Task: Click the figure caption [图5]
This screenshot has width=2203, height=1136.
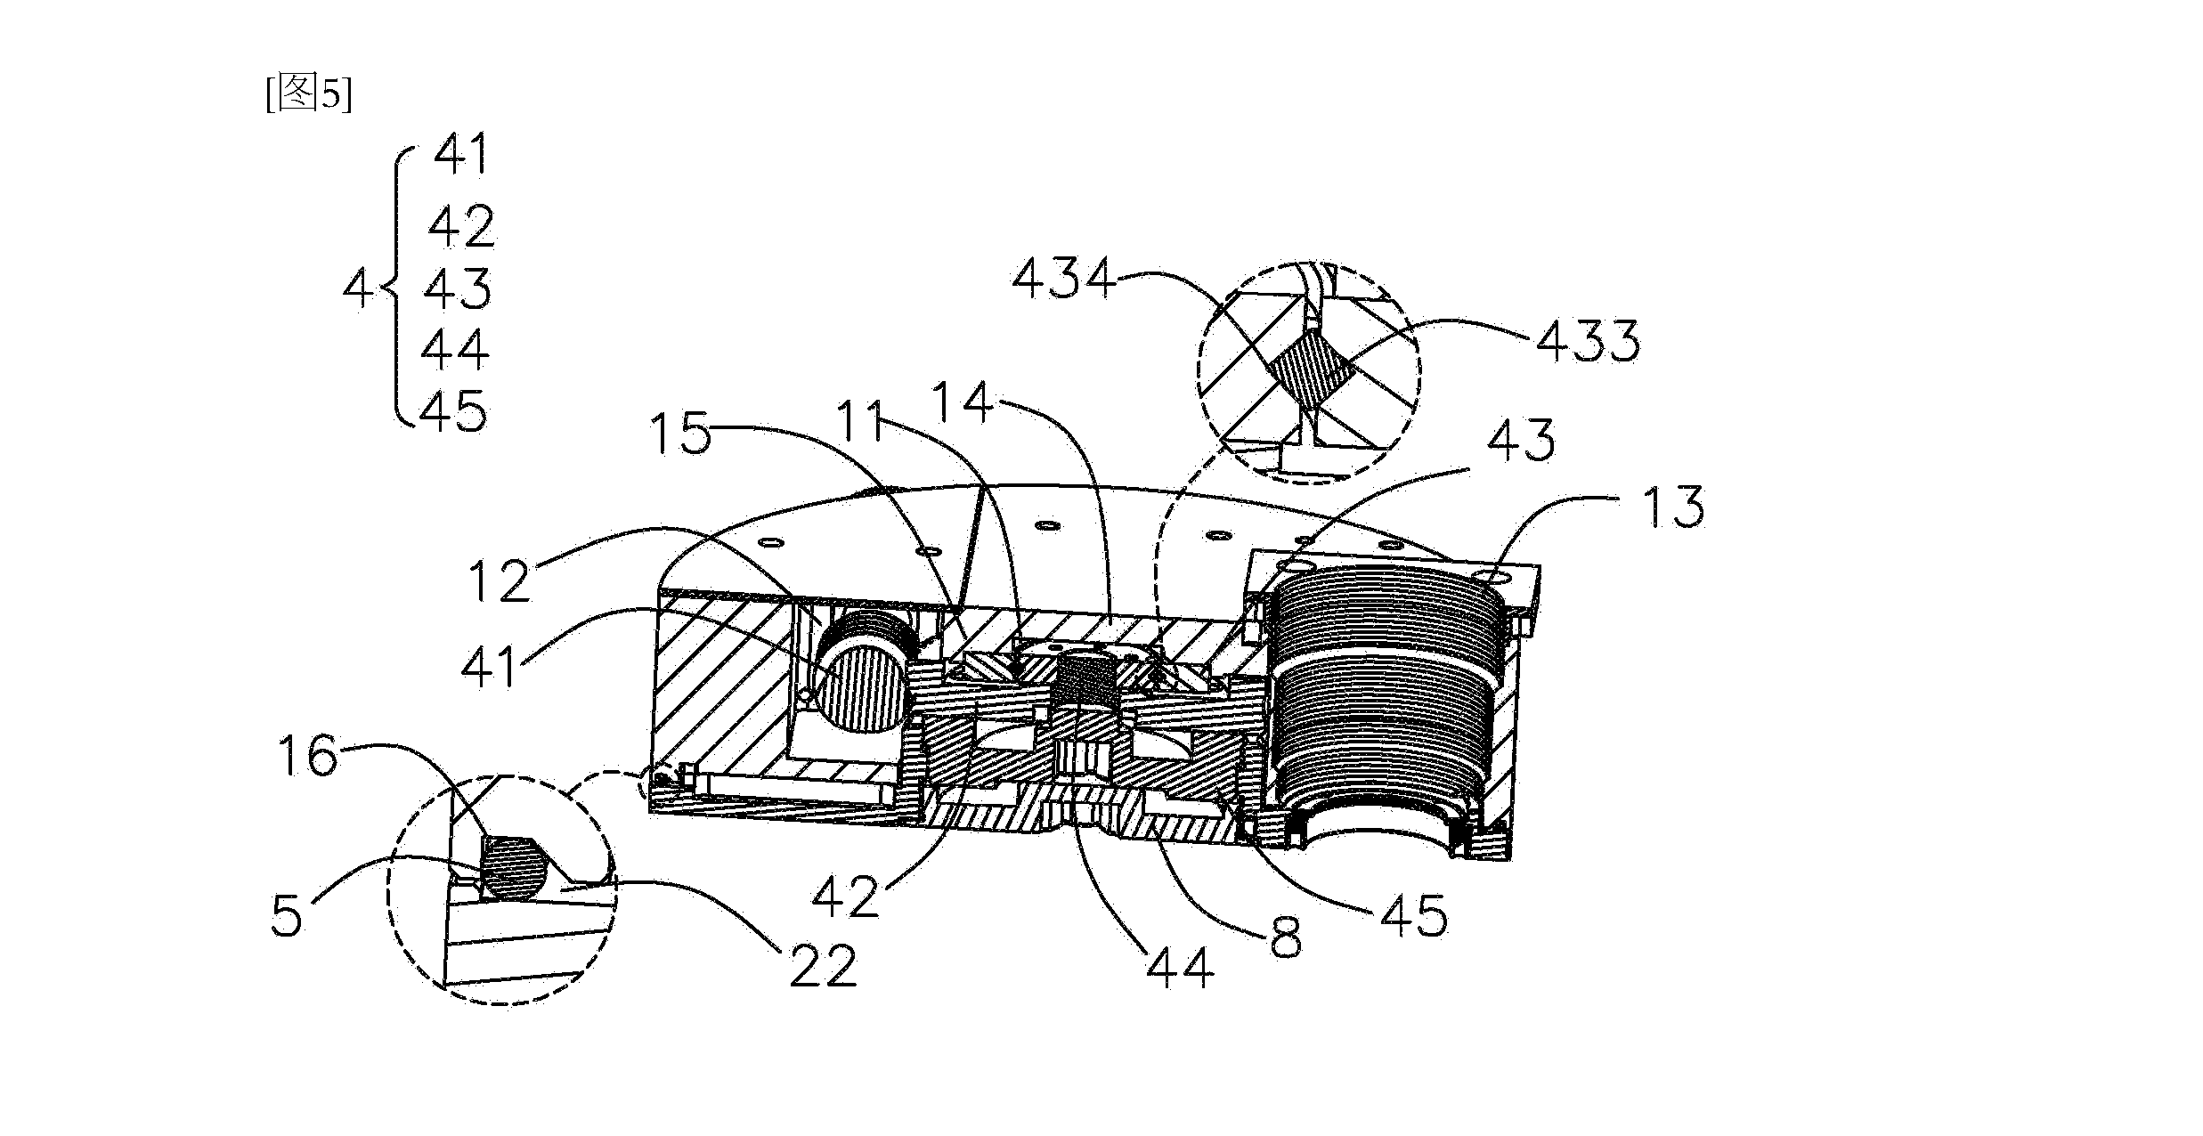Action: click(309, 93)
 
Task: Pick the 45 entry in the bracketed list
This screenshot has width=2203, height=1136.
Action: click(453, 412)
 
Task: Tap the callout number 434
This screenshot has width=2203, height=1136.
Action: click(1064, 280)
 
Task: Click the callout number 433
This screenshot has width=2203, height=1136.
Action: click(1588, 341)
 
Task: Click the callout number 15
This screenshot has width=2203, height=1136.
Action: click(681, 435)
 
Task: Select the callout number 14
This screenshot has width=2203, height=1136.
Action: click(963, 402)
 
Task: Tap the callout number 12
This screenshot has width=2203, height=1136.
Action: click(501, 582)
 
